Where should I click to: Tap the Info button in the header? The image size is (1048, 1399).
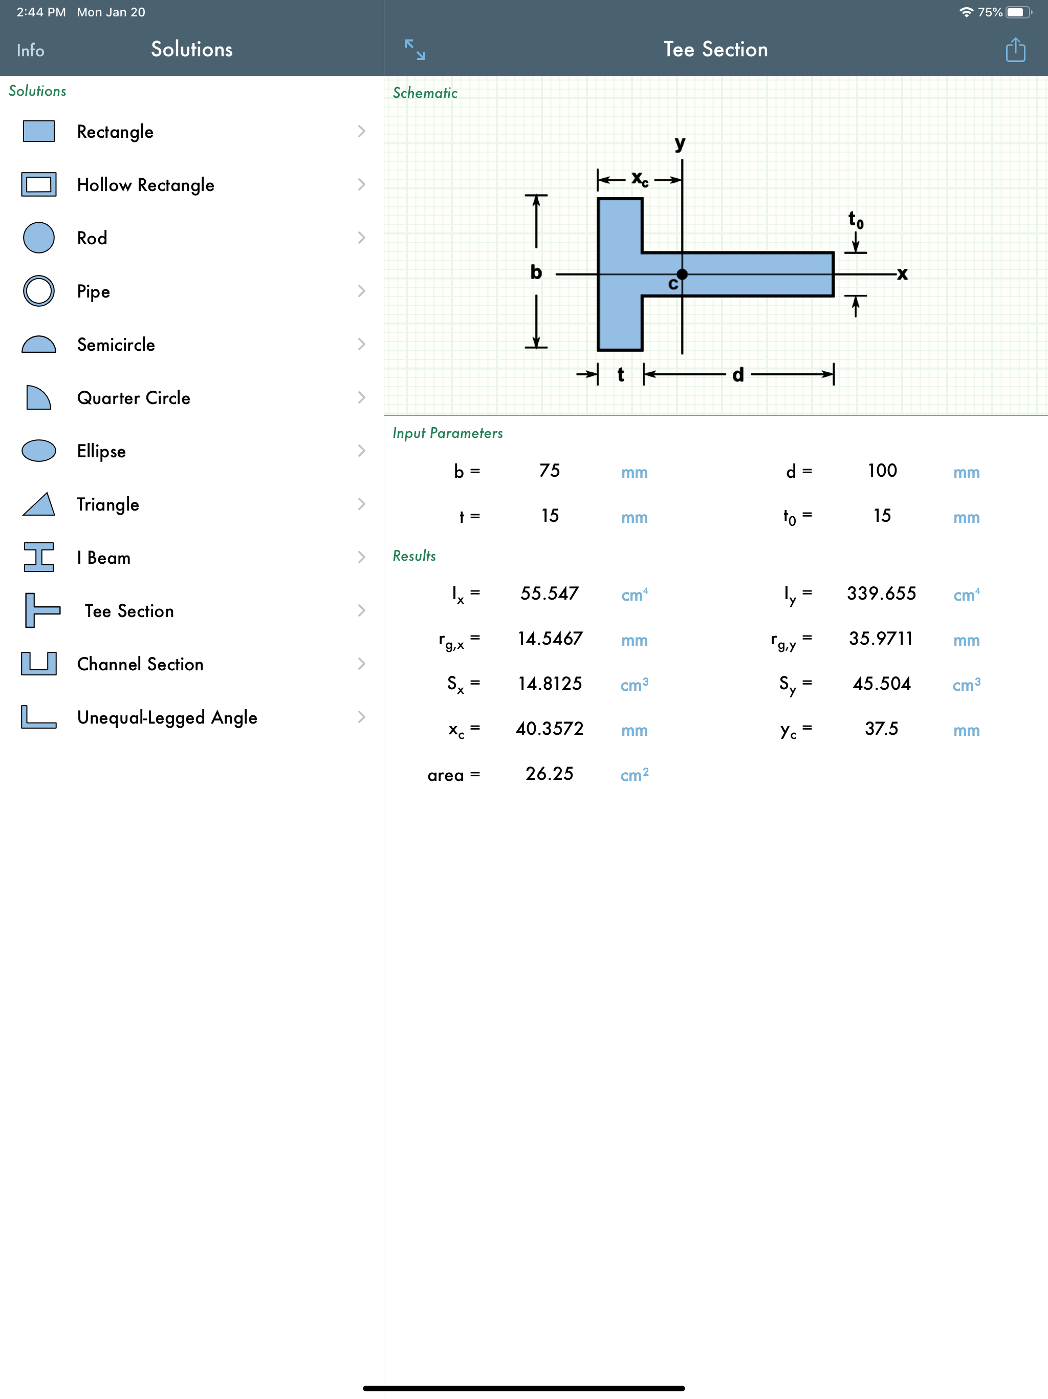[30, 51]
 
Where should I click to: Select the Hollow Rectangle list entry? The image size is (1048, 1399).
[145, 185]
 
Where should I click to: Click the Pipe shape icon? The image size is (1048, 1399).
[38, 291]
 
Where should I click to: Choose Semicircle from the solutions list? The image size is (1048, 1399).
[116, 345]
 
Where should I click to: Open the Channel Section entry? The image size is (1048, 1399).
[140, 664]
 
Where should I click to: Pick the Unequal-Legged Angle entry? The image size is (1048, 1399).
[167, 718]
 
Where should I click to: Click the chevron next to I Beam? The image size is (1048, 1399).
[362, 557]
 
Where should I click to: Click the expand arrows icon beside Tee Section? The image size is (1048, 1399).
[414, 49]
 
